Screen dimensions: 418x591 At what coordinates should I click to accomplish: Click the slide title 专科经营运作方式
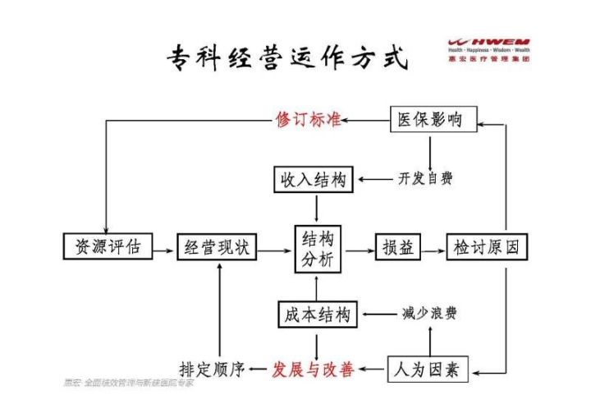(286, 57)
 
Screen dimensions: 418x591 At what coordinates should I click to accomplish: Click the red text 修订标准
(308, 121)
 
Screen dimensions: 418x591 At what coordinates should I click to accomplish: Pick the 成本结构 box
(318, 315)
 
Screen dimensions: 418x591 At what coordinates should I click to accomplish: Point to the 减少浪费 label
(430, 315)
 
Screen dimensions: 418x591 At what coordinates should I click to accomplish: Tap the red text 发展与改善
(313, 370)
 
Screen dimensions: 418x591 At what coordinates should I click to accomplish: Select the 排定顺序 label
(212, 370)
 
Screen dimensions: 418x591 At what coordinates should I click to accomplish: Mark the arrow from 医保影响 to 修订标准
(365, 121)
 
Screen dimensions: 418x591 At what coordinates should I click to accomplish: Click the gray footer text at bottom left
(127, 384)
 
